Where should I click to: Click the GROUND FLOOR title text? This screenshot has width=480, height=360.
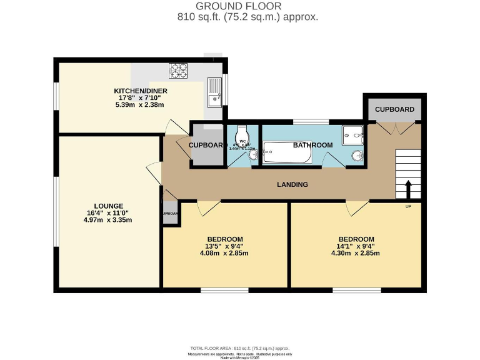coord(239,6)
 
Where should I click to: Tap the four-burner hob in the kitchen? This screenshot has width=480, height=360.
coord(178,72)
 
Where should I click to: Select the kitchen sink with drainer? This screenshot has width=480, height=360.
coord(214,91)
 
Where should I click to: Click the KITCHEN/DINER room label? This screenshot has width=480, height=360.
coord(140,91)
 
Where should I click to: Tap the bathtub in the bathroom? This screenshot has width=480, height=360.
coord(285,152)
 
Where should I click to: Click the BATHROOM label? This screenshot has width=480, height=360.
coord(313,145)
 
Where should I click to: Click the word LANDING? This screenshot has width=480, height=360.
coord(292,184)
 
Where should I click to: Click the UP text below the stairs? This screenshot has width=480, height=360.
coord(408,207)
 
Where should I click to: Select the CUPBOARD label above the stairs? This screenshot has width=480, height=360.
coord(394,109)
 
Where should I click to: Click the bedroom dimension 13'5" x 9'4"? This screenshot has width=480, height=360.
coord(224,246)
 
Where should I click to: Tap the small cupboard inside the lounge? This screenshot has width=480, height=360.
coord(170,213)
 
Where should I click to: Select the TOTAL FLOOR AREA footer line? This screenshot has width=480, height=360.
coord(239,348)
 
